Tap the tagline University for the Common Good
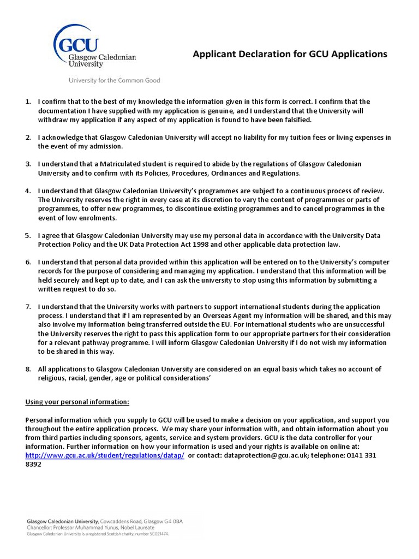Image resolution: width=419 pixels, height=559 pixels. coord(114,80)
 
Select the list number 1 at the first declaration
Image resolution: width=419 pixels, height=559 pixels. coord(28,102)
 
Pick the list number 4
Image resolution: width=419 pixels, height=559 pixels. coord(28,191)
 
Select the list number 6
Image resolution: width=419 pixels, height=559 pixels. coord(28,262)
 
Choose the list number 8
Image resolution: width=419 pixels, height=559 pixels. coord(28,369)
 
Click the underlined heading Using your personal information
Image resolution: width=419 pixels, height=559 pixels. coord(77,402)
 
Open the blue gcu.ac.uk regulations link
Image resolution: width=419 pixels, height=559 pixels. coord(105,455)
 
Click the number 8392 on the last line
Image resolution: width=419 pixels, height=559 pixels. coord(34,464)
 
